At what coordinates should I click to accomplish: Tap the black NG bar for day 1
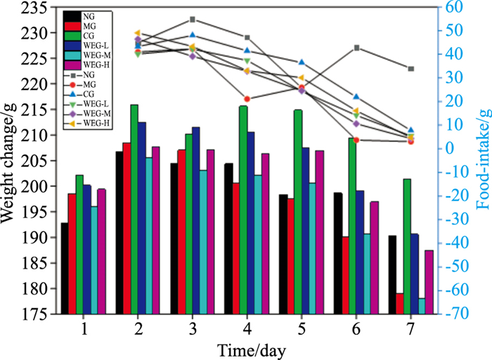65,268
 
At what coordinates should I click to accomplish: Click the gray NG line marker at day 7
411,69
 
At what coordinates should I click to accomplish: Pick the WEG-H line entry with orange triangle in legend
71,123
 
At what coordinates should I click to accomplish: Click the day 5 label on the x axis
302,329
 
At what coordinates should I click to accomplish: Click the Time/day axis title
251,349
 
